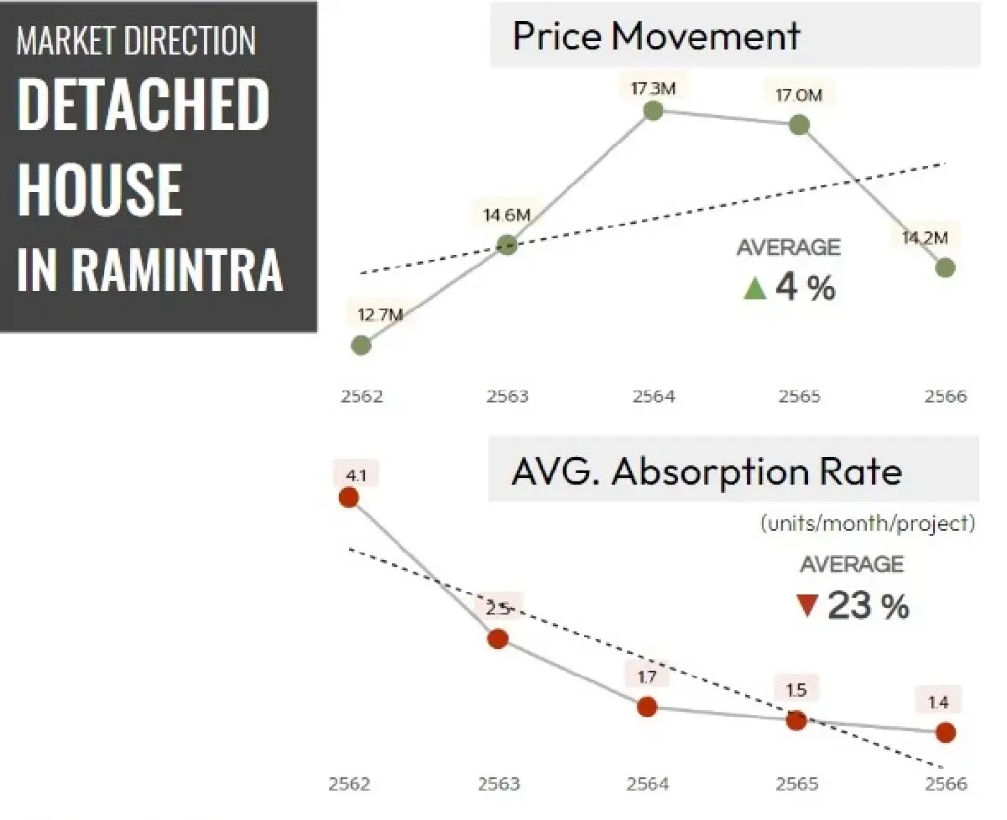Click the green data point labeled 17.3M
pyautogui.click(x=654, y=111)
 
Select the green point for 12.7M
pyautogui.click(x=361, y=345)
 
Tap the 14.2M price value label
pyautogui.click(x=925, y=238)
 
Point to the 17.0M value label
pyautogui.click(x=798, y=95)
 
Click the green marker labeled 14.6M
pyautogui.click(x=507, y=245)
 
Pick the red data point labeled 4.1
pyautogui.click(x=348, y=498)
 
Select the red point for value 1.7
pyautogui.click(x=646, y=707)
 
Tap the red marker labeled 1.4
pyautogui.click(x=946, y=732)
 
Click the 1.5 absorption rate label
pyautogui.click(x=796, y=690)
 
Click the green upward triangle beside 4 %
pyautogui.click(x=755, y=289)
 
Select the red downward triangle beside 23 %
pyautogui.click(x=807, y=605)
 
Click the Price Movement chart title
pyautogui.click(x=656, y=37)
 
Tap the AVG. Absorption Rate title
pyautogui.click(x=707, y=472)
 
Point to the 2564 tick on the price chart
pyautogui.click(x=654, y=396)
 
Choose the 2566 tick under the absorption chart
pyautogui.click(x=945, y=784)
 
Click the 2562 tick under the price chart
pyautogui.click(x=362, y=396)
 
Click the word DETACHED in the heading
pyautogui.click(x=143, y=104)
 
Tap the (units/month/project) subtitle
pyautogui.click(x=868, y=524)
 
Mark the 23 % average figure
pyautogui.click(x=868, y=605)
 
